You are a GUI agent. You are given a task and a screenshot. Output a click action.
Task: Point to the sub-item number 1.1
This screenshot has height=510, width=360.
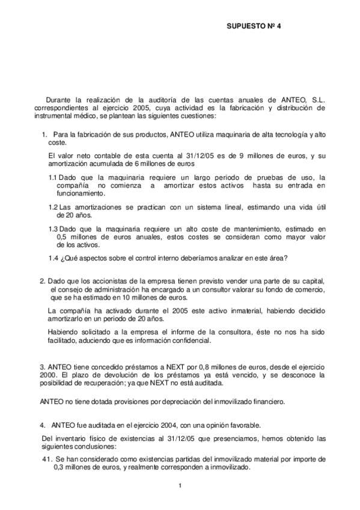click(x=53, y=177)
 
